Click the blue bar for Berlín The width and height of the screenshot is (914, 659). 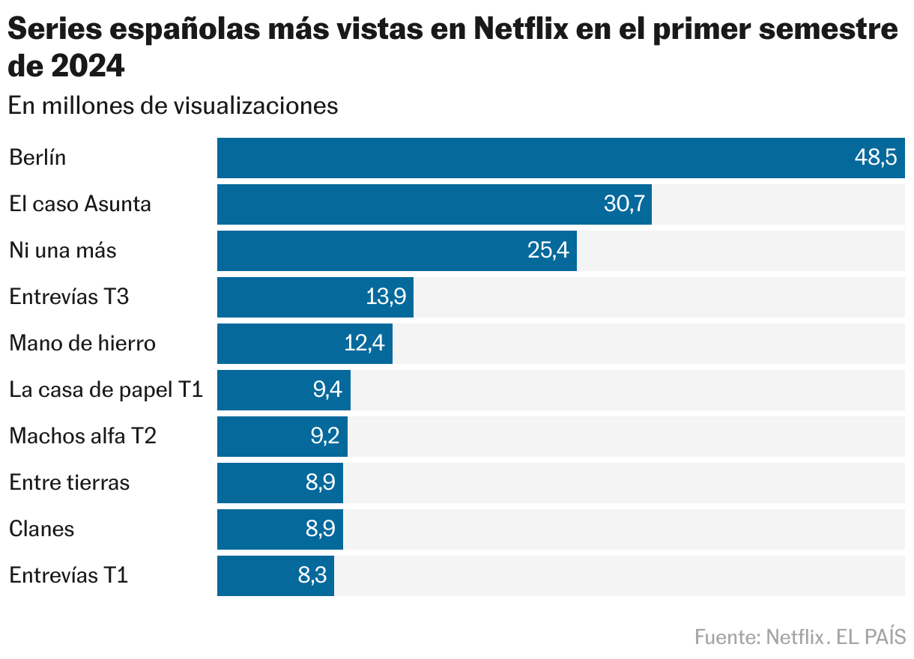click(x=524, y=158)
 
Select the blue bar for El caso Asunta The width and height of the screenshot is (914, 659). click(x=420, y=204)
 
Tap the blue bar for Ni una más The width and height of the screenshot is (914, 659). click(x=375, y=251)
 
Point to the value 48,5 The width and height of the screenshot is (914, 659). click(x=876, y=158)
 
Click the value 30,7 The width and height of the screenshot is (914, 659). click(x=624, y=204)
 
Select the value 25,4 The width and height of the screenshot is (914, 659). click(x=548, y=251)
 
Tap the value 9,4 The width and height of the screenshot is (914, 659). click(x=327, y=390)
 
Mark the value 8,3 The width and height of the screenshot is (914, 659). click(x=312, y=576)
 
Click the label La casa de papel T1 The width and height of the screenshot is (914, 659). click(x=106, y=390)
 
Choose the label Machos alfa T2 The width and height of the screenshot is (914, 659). click(x=82, y=437)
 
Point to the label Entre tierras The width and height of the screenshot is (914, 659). click(x=70, y=483)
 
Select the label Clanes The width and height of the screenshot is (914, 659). click(x=42, y=529)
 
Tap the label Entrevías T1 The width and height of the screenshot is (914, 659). click(x=69, y=576)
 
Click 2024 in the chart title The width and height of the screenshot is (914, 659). click(x=88, y=67)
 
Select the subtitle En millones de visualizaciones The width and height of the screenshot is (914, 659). click(x=173, y=106)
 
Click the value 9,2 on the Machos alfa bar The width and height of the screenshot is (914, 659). click(x=325, y=437)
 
